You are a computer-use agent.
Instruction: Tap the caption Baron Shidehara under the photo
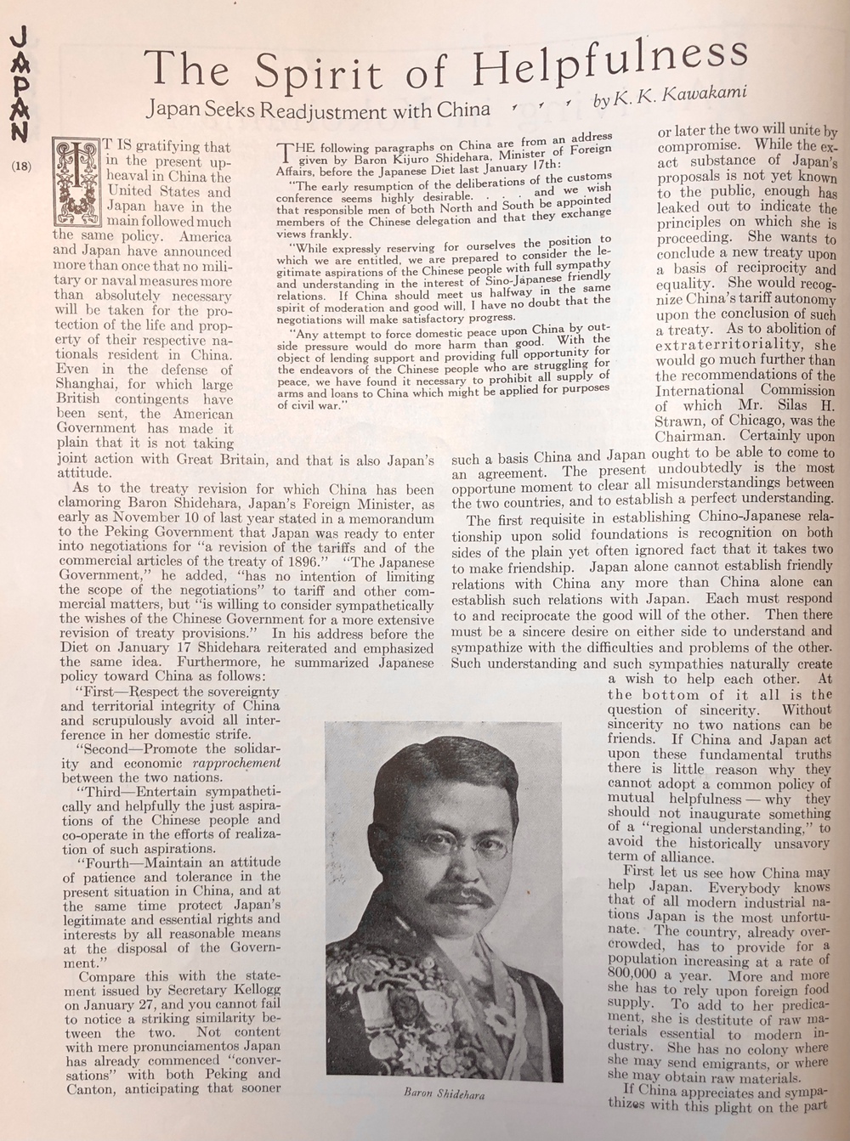[x=445, y=1095]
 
